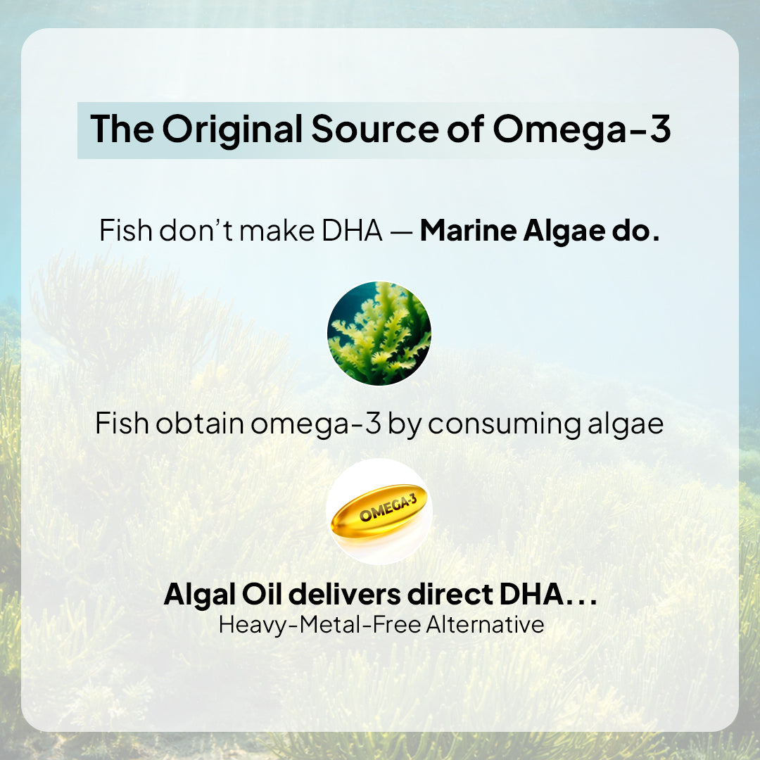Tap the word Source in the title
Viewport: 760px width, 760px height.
pos(374,129)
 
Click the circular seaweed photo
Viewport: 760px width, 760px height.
pos(379,334)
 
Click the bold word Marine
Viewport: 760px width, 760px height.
pos(468,231)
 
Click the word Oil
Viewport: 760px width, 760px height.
pos(262,594)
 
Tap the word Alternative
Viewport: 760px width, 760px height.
pos(485,625)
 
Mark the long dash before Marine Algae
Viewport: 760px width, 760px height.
pos(401,234)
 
